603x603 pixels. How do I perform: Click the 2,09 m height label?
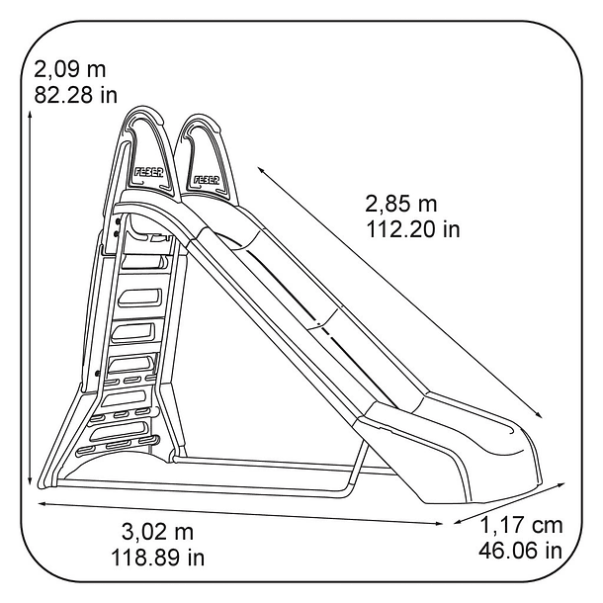coord(69,69)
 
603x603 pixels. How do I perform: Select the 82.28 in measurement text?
coord(75,95)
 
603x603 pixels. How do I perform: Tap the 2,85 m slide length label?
coord(400,204)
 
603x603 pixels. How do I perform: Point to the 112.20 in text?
coord(412,229)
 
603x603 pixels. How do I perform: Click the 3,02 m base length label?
coord(158,532)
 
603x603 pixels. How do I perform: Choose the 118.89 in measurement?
coord(158,558)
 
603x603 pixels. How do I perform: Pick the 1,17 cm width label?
coord(522,525)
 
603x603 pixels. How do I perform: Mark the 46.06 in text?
coord(520,551)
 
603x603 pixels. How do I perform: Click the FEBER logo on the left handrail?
coord(148,172)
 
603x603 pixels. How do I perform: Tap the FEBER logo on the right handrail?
coord(207,180)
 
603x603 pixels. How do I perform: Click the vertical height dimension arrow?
coord(30,299)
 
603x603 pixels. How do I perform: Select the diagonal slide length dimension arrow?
coord(400,293)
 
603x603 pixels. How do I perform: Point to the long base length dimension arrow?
coord(240,513)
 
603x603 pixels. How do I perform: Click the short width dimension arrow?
coord(509,503)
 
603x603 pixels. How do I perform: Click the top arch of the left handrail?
coord(143,111)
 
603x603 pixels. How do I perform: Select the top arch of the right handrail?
coord(201,117)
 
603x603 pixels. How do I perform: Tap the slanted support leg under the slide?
coord(357,468)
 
